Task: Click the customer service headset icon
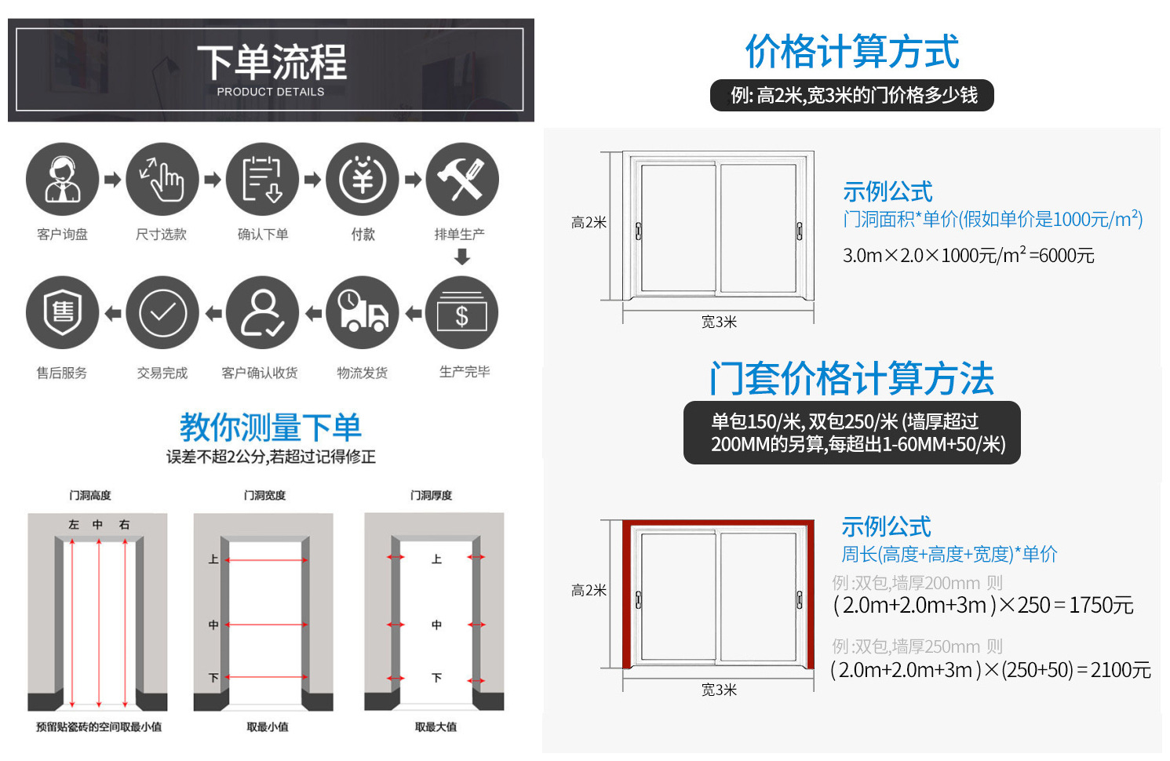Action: pyautogui.click(x=62, y=179)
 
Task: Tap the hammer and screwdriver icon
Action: pyautogui.click(x=462, y=179)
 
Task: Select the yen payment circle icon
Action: pyautogui.click(x=363, y=179)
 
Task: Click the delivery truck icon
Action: pyautogui.click(x=363, y=313)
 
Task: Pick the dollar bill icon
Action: pyautogui.click(x=462, y=313)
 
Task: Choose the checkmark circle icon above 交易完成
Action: pyautogui.click(x=162, y=313)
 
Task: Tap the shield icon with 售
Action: pyautogui.click(x=62, y=313)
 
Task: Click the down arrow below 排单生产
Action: pyautogui.click(x=462, y=257)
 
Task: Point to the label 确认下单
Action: pyautogui.click(x=263, y=234)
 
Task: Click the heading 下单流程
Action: pyautogui.click(x=272, y=62)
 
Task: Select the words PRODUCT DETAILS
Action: pyautogui.click(x=271, y=92)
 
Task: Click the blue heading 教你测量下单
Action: pyautogui.click(x=271, y=427)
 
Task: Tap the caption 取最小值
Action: pyautogui.click(x=268, y=726)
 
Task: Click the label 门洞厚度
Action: pyautogui.click(x=431, y=495)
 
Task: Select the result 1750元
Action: pyautogui.click(x=1102, y=606)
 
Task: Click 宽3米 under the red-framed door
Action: pyautogui.click(x=719, y=690)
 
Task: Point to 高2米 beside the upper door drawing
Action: pyautogui.click(x=589, y=223)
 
